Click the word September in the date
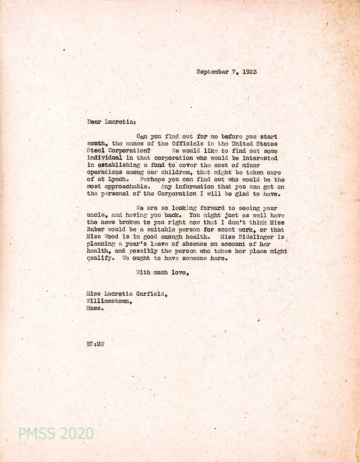[213, 72]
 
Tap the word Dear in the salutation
[95, 122]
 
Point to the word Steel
[96, 151]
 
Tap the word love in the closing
[179, 273]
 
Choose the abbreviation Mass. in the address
[95, 308]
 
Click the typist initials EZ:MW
[95, 344]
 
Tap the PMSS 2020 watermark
[55, 433]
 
